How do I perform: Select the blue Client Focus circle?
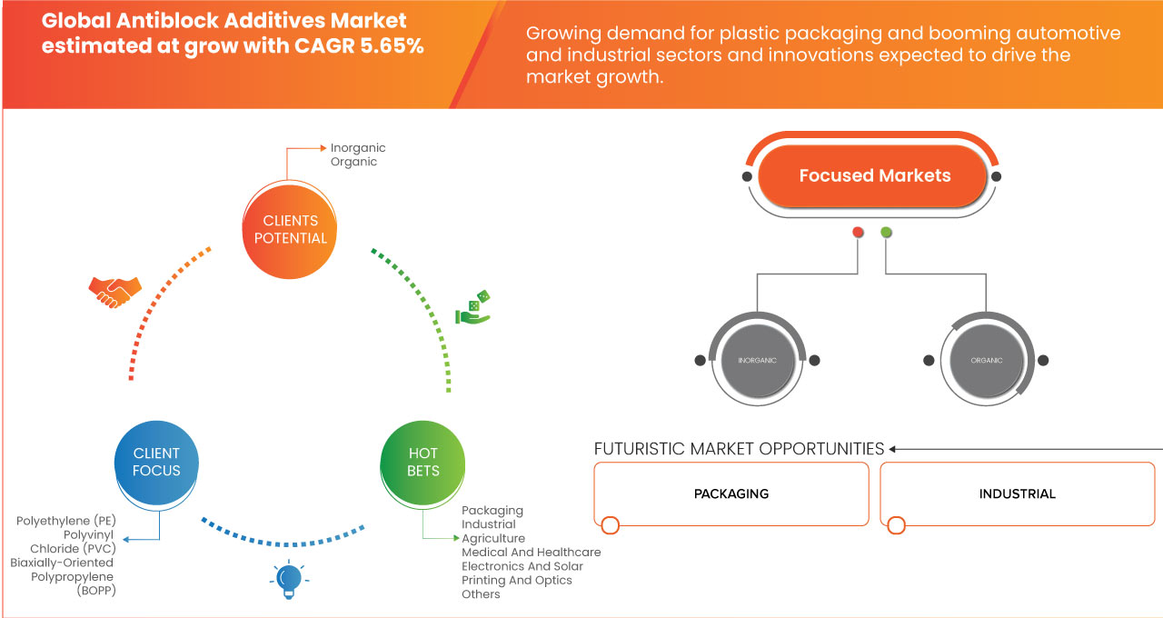157,462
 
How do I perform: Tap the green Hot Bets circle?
423,462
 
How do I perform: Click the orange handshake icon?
114,291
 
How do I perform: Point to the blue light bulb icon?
289,578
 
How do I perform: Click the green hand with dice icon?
472,308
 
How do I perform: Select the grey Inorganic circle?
757,361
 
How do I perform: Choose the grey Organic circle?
986,361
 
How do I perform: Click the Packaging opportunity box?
731,494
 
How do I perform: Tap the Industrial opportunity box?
1018,494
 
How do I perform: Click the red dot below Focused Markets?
858,233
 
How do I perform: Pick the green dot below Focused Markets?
886,233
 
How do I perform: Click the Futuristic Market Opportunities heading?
739,449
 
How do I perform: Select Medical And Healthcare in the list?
531,553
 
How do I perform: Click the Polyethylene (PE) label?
66,521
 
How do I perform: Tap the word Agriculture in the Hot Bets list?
493,538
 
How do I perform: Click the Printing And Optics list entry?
517,580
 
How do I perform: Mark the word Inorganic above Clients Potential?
358,147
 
